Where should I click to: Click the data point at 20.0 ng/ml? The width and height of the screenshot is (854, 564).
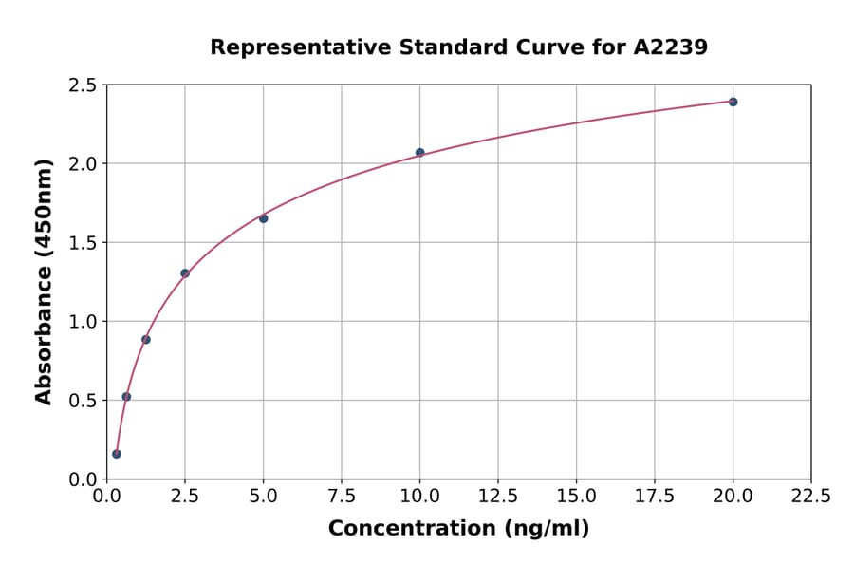click(x=733, y=102)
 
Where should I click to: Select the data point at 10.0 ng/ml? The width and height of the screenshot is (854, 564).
click(x=419, y=152)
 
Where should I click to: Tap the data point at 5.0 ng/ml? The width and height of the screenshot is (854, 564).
click(x=263, y=218)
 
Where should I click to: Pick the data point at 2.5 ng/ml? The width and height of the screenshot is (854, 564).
click(x=185, y=273)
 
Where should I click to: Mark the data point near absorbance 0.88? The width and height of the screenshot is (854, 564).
click(x=146, y=339)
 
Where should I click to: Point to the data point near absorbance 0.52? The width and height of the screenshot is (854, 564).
click(x=126, y=397)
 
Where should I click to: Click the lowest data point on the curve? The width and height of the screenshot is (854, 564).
click(x=117, y=454)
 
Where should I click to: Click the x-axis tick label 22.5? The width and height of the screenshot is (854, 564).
click(x=810, y=497)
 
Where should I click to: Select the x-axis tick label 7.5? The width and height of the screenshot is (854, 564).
click(x=342, y=497)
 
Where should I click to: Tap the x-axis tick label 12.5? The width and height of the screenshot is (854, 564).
click(x=498, y=497)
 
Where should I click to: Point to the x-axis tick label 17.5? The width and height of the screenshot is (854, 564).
click(x=655, y=497)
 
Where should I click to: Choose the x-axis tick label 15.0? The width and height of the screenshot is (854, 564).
click(x=576, y=497)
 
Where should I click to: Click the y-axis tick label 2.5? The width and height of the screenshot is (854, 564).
click(x=83, y=85)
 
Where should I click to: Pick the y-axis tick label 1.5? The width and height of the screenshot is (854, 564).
click(x=83, y=243)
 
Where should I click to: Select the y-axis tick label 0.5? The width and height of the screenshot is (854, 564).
click(x=83, y=401)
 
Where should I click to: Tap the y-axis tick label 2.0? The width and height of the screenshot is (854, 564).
click(x=83, y=164)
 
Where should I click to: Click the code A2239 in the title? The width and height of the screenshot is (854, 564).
click(x=670, y=47)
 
